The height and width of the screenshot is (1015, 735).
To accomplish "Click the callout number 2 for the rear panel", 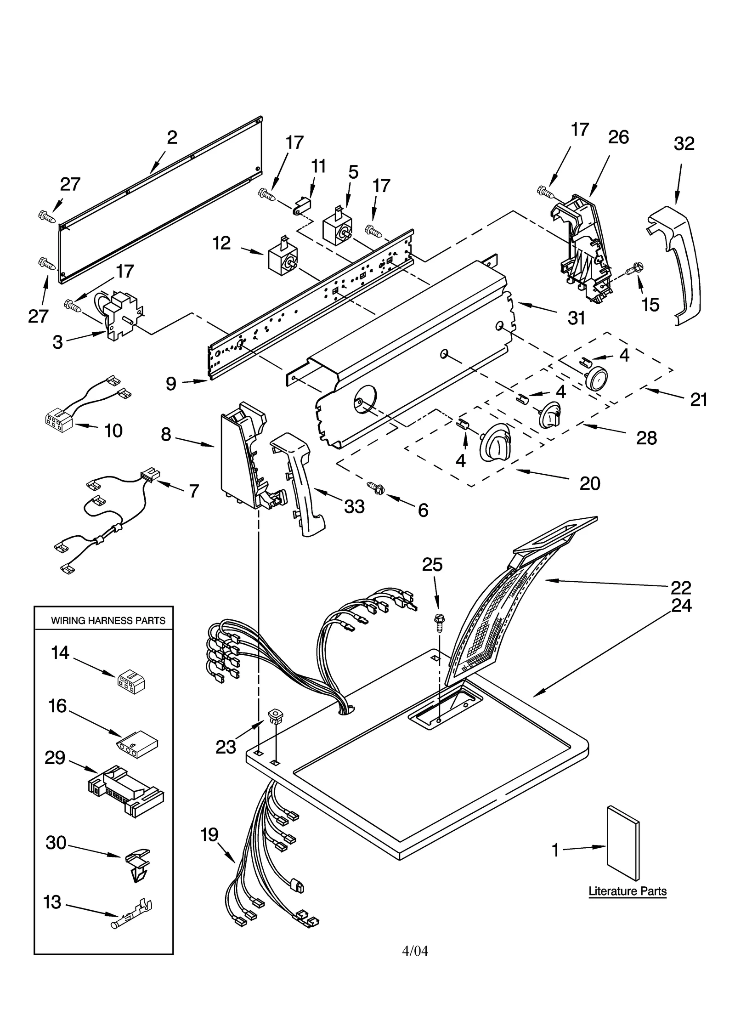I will pyautogui.click(x=172, y=137).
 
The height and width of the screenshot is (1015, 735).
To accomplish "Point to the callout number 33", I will pyautogui.click(x=354, y=506).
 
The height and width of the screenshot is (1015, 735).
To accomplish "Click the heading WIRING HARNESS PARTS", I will pyautogui.click(x=108, y=620).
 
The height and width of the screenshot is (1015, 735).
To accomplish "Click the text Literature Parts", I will pyautogui.click(x=627, y=891).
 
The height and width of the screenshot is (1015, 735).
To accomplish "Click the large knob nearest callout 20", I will pyautogui.click(x=494, y=442).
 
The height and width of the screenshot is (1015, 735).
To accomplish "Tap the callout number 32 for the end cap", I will pyautogui.click(x=684, y=144).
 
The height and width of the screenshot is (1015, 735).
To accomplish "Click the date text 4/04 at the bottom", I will pyautogui.click(x=415, y=951).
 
